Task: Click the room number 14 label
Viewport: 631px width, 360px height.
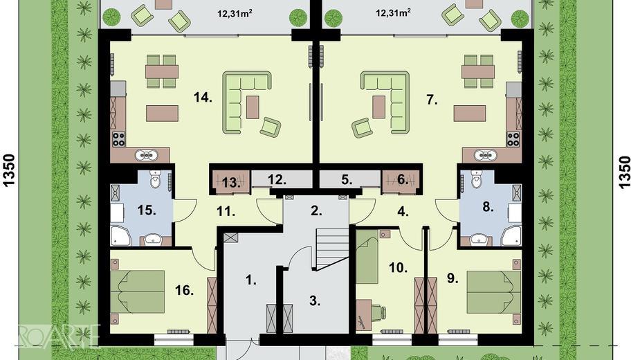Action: pyautogui.click(x=203, y=97)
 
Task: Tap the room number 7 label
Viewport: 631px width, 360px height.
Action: pyautogui.click(x=432, y=100)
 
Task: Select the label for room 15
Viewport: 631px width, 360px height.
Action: pyautogui.click(x=147, y=210)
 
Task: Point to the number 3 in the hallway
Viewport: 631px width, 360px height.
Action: pyautogui.click(x=315, y=300)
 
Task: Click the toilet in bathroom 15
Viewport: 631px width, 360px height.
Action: pyautogui.click(x=156, y=179)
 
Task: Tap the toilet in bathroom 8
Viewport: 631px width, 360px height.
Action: pyautogui.click(x=477, y=179)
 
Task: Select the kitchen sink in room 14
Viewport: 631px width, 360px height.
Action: pyautogui.click(x=146, y=154)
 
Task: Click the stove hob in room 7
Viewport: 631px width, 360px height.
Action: pyautogui.click(x=513, y=139)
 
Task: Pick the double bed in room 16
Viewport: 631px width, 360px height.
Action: pyautogui.click(x=137, y=292)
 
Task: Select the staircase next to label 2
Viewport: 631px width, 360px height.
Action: pyautogui.click(x=332, y=249)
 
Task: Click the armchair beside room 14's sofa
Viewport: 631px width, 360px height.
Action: pyautogui.click(x=270, y=127)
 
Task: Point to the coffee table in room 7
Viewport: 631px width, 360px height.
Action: pyautogui.click(x=378, y=107)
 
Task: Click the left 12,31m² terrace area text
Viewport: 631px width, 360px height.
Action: pyautogui.click(x=235, y=14)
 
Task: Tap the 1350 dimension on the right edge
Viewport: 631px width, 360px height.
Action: pyautogui.click(x=623, y=172)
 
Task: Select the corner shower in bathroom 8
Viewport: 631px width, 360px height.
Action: pyautogui.click(x=511, y=235)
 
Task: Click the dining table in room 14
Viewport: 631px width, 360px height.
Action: pyautogui.click(x=162, y=72)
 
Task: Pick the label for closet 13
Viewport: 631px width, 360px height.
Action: pyautogui.click(x=230, y=183)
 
